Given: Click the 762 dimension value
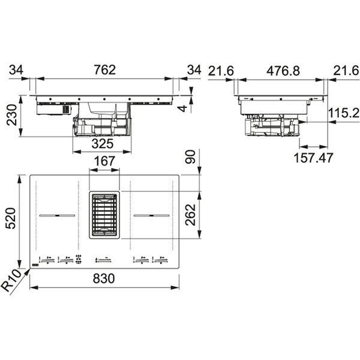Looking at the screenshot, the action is click(x=104, y=70).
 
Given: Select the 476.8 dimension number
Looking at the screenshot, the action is click(x=283, y=71).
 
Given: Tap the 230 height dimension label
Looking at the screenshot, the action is click(x=11, y=115).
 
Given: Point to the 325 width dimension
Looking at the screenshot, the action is click(x=103, y=144).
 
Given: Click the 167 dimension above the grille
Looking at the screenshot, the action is click(x=104, y=161).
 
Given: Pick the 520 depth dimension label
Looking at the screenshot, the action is click(x=11, y=218).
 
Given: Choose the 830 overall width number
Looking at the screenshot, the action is click(x=104, y=278).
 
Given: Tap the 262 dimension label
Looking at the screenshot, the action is click(x=191, y=215).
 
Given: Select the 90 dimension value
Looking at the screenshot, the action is click(x=190, y=157).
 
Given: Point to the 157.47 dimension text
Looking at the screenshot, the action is click(x=313, y=158).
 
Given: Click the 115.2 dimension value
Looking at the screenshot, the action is click(x=344, y=113).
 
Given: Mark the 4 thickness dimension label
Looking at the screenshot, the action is click(x=183, y=109).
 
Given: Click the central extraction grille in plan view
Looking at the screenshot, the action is click(x=104, y=215).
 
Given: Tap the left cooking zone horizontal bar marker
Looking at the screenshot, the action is click(x=57, y=215).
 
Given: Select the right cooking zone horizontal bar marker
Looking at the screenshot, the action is click(x=152, y=215).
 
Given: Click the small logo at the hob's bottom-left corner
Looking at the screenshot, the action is click(x=35, y=265).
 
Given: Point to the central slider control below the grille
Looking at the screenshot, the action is click(x=103, y=260).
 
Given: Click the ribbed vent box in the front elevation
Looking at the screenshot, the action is click(x=66, y=110).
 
